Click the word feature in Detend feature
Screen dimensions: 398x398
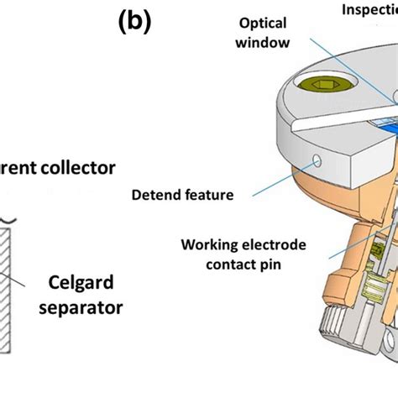click(x=210, y=196)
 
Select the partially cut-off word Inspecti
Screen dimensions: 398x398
click(x=370, y=10)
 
